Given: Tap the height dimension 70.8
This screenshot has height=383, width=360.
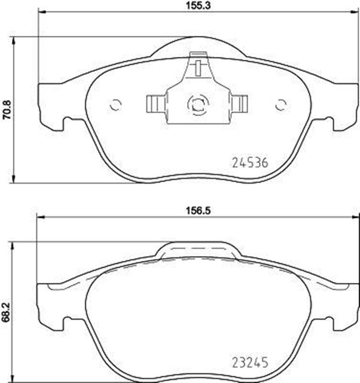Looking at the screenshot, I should [7, 110].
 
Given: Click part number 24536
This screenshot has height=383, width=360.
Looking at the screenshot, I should [252, 162].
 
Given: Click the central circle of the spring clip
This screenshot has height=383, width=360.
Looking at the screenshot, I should [197, 105].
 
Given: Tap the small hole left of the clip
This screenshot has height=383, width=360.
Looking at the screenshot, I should [116, 105].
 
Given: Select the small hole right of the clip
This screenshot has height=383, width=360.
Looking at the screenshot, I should [279, 105].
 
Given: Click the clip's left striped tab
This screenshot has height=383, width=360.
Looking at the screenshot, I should [155, 104].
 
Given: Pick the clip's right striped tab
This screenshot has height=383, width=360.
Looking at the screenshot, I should [240, 104].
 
